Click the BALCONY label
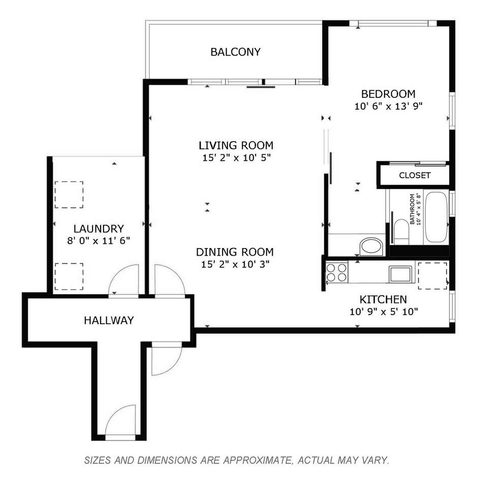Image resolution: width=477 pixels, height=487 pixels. pyautogui.click(x=235, y=52)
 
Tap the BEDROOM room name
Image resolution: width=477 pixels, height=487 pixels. pyautogui.click(x=388, y=94)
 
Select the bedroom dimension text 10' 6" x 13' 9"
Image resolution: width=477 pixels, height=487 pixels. pyautogui.click(x=389, y=106)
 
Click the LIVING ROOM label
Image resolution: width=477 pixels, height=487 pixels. pyautogui.click(x=236, y=146)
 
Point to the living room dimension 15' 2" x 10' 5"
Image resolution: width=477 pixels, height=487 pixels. pyautogui.click(x=236, y=158)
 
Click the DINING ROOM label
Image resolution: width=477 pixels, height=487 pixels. pyautogui.click(x=235, y=252)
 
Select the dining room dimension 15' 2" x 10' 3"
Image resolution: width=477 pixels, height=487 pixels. pyautogui.click(x=235, y=264)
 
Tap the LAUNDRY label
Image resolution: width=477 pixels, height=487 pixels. pyautogui.click(x=99, y=229)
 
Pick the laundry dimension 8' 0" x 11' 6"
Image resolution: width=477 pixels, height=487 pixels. pyautogui.click(x=98, y=240)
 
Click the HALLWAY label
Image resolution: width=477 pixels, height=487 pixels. pyautogui.click(x=109, y=320)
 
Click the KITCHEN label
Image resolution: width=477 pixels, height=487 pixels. pyautogui.click(x=383, y=299)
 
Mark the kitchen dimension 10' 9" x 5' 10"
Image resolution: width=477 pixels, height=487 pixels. pyautogui.click(x=384, y=311)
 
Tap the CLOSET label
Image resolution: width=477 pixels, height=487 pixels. pyautogui.click(x=415, y=176)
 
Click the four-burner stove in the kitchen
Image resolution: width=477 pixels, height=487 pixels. pyautogui.click(x=337, y=272)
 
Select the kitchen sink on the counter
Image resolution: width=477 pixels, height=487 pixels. pyautogui.click(x=401, y=274)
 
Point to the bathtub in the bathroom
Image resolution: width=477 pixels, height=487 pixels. pyautogui.click(x=436, y=217)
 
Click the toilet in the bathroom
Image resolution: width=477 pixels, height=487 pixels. pyautogui.click(x=401, y=231)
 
